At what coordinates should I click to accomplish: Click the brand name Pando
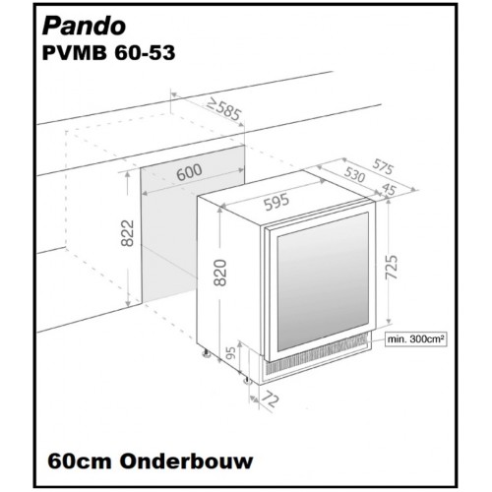tap(84, 27)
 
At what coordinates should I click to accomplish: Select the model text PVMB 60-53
tap(108, 53)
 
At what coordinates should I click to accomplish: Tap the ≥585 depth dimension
tap(225, 109)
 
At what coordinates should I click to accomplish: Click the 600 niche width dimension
tap(190, 172)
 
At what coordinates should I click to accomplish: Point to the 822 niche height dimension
tap(127, 233)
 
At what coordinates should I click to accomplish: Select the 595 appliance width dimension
tap(277, 203)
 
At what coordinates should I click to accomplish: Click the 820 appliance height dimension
tap(219, 273)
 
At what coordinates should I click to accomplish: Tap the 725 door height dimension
tap(391, 267)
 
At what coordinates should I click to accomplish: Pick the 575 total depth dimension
tap(383, 167)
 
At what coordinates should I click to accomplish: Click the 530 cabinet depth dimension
tap(354, 174)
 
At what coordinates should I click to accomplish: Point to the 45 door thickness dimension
tap(390, 189)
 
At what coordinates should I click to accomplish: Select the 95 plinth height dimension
tap(231, 353)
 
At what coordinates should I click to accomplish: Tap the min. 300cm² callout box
tap(416, 338)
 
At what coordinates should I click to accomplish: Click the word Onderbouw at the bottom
tap(186, 461)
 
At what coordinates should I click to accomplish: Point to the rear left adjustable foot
tap(207, 353)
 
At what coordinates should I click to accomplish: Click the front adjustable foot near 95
tap(247, 380)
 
